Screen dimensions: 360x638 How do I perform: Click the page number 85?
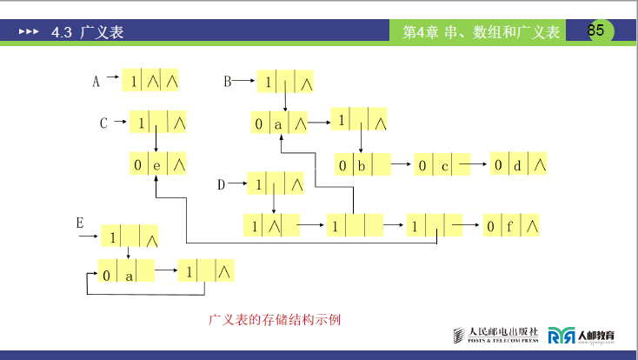(x=595, y=30)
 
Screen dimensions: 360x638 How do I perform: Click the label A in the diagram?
(x=96, y=82)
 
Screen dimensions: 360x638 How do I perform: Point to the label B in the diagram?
(x=228, y=82)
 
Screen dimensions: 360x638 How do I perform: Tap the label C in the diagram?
(x=103, y=123)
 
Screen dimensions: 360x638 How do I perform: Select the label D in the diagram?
(x=222, y=184)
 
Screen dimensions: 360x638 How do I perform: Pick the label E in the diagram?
(x=80, y=223)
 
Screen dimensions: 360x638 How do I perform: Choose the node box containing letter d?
(x=518, y=164)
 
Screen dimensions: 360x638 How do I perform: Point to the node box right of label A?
(x=150, y=81)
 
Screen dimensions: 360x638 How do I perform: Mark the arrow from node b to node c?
(x=401, y=164)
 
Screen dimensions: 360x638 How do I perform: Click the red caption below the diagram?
(x=274, y=319)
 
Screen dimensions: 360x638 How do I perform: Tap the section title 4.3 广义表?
(x=87, y=32)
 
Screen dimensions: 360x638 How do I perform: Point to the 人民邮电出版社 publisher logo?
(x=496, y=335)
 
